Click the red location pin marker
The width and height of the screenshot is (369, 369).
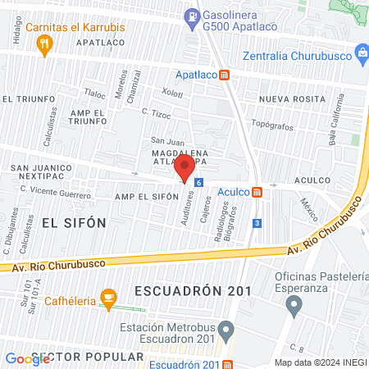(x=184, y=169)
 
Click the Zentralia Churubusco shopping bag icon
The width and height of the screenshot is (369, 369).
(x=361, y=56)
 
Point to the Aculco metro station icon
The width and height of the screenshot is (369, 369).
(x=257, y=192)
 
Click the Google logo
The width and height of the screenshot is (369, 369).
(x=27, y=358)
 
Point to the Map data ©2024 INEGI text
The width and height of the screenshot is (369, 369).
(x=320, y=362)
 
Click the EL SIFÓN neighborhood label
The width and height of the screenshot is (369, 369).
(x=74, y=222)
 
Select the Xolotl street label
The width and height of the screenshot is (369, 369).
(x=171, y=93)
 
